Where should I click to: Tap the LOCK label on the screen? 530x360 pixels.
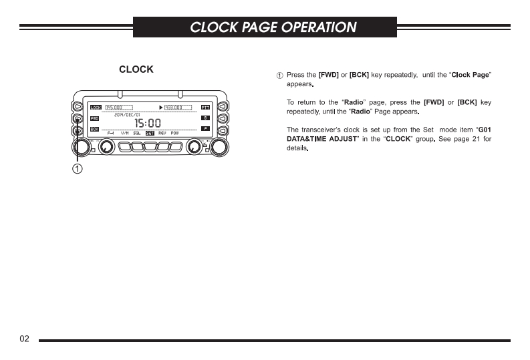coord(96,107)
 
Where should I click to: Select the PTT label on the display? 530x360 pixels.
coord(205,107)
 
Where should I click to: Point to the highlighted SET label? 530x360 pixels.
coord(150,133)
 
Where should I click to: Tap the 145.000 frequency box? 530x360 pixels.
coord(118,107)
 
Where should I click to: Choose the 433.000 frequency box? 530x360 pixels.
coord(178,107)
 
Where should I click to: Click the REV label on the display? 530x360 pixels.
coord(162,133)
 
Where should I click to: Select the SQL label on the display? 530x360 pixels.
coord(137,133)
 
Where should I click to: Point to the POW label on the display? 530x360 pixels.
coord(174,133)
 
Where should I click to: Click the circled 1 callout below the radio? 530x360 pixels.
coord(78,168)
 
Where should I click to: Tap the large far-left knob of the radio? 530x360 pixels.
coord(80,147)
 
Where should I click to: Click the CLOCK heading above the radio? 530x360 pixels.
coord(136,69)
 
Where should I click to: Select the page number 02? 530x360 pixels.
coord(25,339)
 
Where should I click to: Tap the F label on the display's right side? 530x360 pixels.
coord(206,128)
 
